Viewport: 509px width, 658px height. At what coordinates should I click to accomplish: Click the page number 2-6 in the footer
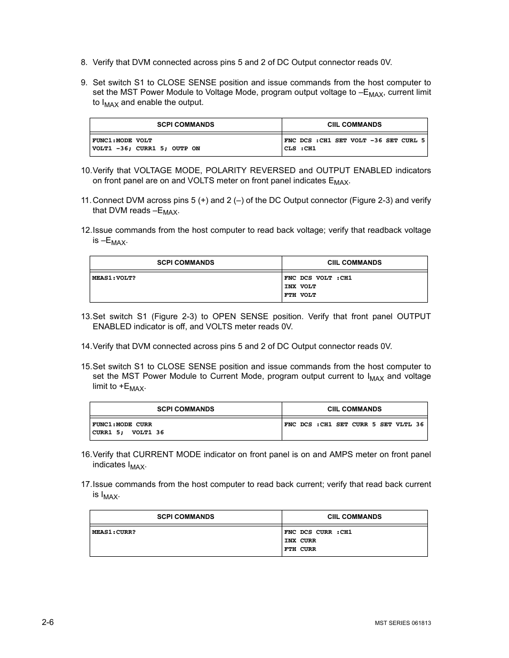(47, 622)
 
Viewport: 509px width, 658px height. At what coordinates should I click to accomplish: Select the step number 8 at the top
(84, 62)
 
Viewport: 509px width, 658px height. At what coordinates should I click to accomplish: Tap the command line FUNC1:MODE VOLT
(122, 140)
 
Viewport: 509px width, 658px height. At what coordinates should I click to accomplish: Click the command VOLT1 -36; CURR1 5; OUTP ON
(146, 149)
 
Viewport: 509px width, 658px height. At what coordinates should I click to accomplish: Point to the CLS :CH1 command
(300, 149)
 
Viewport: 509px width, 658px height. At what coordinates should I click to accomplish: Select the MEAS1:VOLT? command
(114, 278)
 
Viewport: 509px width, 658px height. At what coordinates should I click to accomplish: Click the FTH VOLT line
(300, 295)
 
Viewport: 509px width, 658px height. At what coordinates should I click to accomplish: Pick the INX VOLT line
(300, 287)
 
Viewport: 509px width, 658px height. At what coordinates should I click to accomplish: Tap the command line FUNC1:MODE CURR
(122, 425)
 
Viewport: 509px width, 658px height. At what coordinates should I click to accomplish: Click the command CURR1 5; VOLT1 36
(128, 433)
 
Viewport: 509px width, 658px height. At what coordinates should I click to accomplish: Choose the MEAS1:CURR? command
(114, 532)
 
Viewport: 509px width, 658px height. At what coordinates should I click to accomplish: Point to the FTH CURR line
(300, 549)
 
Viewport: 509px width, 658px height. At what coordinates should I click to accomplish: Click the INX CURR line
(300, 541)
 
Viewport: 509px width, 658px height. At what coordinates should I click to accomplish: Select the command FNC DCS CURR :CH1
(317, 532)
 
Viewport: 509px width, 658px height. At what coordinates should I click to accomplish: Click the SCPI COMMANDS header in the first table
(185, 125)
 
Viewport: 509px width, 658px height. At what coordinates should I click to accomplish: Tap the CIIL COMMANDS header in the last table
(354, 517)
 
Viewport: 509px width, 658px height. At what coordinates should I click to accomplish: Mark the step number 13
(86, 316)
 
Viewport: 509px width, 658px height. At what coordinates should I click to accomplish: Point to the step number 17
(86, 484)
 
